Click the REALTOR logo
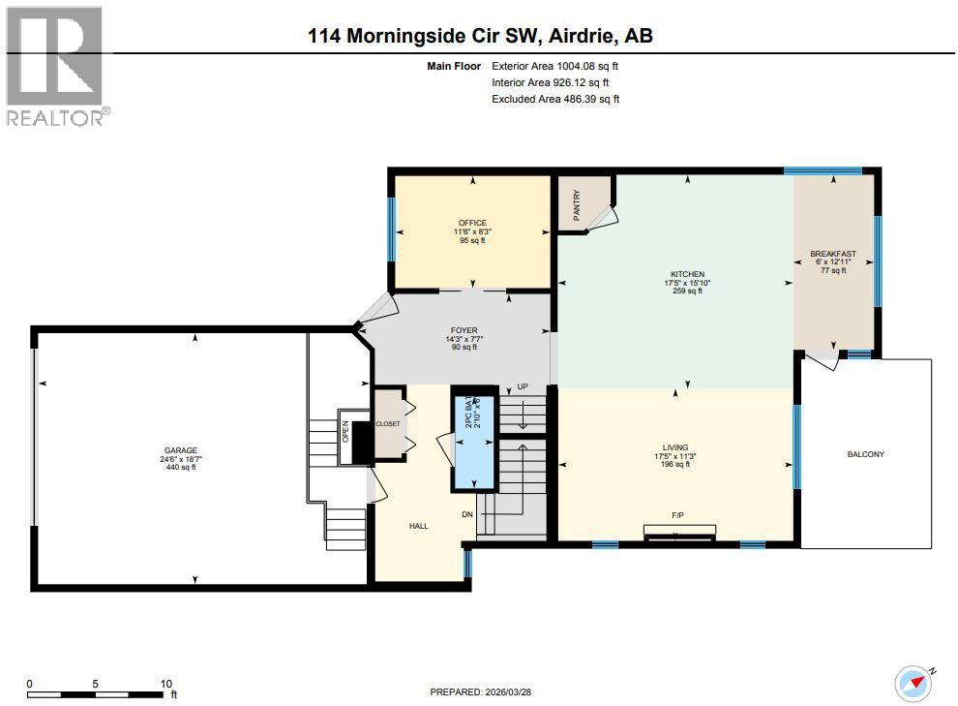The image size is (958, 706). [x=56, y=66]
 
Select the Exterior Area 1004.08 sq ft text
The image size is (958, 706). [x=554, y=67]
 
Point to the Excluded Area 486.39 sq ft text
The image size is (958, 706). [x=555, y=99]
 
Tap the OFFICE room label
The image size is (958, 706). [x=472, y=224]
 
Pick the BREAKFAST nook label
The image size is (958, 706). [x=832, y=255]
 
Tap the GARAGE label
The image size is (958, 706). [x=180, y=451]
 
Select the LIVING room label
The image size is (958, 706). [x=675, y=447]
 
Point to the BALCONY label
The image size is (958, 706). [x=865, y=454]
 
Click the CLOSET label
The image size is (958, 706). [x=388, y=423]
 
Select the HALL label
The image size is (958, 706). [x=418, y=526]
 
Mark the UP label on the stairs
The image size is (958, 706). [x=522, y=385]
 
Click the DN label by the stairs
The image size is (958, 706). [x=465, y=514]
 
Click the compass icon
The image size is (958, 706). [x=915, y=682]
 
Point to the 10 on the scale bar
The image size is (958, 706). [x=165, y=684]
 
